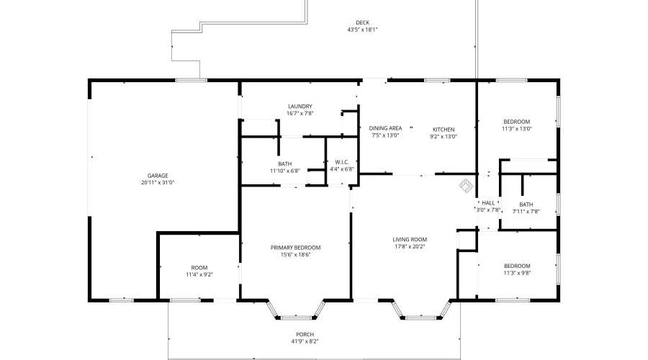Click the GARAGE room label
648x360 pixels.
point(158,176)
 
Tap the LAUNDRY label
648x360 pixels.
point(300,107)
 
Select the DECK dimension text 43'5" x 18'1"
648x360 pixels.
point(362,30)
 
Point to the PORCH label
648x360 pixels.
point(305,334)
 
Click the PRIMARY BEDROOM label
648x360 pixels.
point(295,248)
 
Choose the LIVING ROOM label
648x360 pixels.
point(410,239)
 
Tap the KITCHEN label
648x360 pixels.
point(444,130)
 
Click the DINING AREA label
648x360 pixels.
point(385,128)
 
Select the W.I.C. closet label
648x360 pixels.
point(342,162)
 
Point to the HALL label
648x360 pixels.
point(488,203)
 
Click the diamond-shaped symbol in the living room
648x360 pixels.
point(466,186)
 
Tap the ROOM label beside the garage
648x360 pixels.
point(199,267)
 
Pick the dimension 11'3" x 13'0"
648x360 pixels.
point(516,129)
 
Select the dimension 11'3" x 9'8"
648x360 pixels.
point(517,273)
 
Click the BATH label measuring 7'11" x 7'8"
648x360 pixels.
point(526,204)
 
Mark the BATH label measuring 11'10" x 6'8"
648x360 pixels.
point(284,163)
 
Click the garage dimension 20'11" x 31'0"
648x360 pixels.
point(158,182)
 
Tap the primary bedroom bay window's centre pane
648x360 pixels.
point(296,318)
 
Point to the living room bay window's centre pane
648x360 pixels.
point(420,318)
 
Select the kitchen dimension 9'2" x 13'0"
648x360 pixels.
point(444,136)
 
